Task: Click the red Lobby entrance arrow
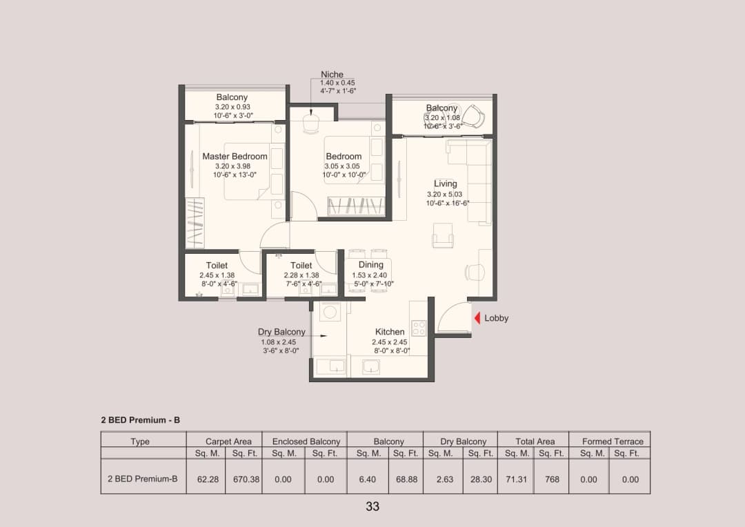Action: pos(477,318)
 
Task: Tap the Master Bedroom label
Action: pos(235,157)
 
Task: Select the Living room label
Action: pos(445,183)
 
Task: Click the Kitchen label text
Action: pos(390,332)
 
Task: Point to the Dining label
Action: pos(371,265)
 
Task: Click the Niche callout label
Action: pos(332,74)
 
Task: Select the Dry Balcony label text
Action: pos(281,332)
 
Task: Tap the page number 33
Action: pos(372,506)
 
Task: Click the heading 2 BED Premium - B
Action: pos(141,419)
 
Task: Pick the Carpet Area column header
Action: pos(228,441)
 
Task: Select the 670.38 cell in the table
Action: pos(246,479)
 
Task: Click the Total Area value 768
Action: pos(552,479)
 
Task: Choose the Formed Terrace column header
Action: pos(613,441)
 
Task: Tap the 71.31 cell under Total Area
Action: pos(516,479)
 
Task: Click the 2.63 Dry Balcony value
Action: pos(445,479)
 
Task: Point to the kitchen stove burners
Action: pos(419,328)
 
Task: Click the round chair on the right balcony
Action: pos(473,115)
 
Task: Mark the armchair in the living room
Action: pos(442,236)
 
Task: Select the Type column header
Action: pos(140,441)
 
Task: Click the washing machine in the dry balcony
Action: pos(330,312)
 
